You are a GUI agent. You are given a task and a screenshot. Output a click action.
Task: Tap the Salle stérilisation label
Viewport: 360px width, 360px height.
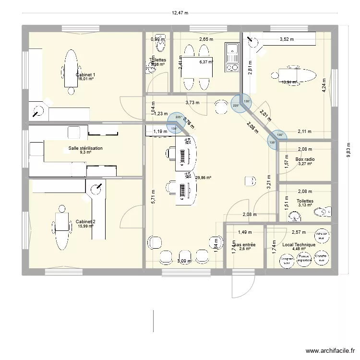[85, 148]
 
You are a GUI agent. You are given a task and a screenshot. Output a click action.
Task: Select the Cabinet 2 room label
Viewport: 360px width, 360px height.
[85, 221]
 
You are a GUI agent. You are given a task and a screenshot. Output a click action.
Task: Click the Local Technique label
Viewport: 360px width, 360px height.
[299, 245]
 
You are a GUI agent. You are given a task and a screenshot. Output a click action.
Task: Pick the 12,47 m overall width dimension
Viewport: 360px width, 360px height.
[180, 13]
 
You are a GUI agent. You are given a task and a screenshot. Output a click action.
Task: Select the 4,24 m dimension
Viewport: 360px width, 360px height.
[324, 87]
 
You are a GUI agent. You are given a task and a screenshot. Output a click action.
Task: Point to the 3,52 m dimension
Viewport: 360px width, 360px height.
[287, 40]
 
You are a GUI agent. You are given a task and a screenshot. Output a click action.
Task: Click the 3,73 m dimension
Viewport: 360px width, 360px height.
[193, 102]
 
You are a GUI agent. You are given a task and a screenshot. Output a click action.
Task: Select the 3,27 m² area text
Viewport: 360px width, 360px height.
[305, 164]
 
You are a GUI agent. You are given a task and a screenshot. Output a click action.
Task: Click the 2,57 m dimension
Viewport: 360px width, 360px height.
[299, 232]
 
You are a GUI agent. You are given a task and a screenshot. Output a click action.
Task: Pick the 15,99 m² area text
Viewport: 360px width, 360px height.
[85, 226]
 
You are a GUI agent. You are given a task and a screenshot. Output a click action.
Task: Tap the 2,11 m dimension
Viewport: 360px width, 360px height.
[304, 132]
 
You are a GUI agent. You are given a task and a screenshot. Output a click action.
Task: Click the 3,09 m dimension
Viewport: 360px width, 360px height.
[184, 261]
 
